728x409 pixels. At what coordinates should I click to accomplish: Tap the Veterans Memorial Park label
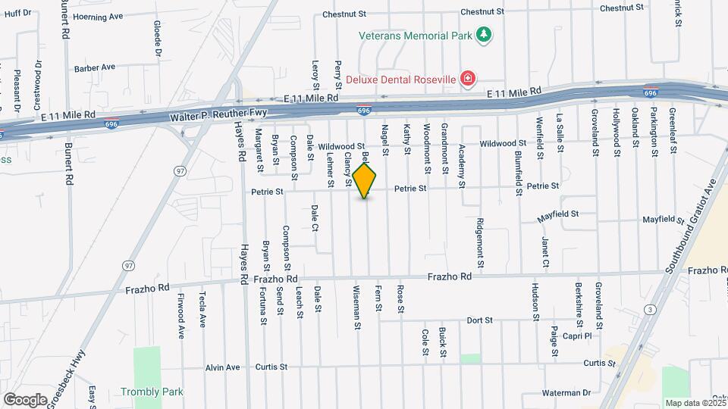[x=416, y=35]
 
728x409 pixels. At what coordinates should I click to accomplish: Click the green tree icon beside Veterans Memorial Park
[x=483, y=35]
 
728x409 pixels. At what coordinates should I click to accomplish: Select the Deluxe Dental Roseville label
[x=401, y=79]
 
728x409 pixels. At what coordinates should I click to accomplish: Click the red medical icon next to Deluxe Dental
[x=468, y=78]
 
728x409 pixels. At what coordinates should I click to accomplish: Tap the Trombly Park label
[x=152, y=392]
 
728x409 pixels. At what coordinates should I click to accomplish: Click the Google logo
[x=25, y=398]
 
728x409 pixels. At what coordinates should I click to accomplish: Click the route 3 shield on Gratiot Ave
[x=650, y=309]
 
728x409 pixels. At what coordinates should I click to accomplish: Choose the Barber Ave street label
[x=95, y=67]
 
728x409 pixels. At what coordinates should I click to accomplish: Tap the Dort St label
[x=480, y=320]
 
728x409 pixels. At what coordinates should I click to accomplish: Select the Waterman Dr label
[x=566, y=392]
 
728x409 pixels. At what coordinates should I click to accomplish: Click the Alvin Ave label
[x=222, y=367]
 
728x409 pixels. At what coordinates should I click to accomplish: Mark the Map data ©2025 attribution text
[x=695, y=403]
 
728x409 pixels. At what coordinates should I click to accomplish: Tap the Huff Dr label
[x=17, y=13]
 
